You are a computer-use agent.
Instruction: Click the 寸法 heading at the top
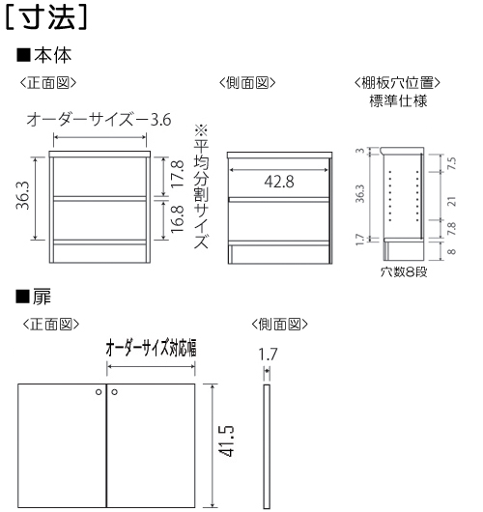(46, 17)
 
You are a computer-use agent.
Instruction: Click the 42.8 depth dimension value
(279, 182)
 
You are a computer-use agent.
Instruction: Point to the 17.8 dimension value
(178, 173)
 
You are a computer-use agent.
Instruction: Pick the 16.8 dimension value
(178, 219)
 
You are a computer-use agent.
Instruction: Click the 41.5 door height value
(226, 441)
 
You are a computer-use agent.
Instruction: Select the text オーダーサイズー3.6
(99, 120)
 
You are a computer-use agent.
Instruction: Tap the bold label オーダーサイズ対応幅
(151, 348)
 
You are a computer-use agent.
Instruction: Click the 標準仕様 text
(398, 100)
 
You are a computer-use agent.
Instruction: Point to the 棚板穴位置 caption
(397, 83)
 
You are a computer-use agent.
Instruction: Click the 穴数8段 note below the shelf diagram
(404, 271)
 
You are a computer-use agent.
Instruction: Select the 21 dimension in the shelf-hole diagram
(452, 201)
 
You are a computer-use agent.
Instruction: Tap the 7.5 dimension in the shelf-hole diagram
(452, 163)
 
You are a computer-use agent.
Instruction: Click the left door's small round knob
(99, 392)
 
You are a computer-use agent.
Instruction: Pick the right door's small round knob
(114, 392)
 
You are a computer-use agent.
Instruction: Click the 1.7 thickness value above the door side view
(268, 355)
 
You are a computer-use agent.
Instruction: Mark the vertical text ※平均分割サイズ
(201, 186)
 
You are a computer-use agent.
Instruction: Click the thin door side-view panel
(267, 446)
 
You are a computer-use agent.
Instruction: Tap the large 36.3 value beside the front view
(22, 195)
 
